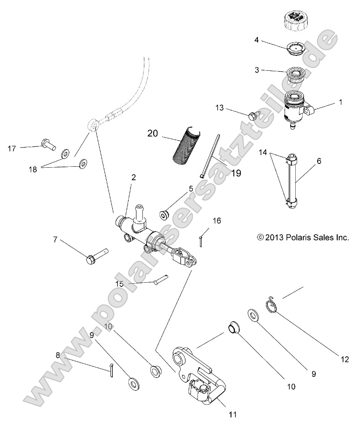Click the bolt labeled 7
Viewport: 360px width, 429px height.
tap(97, 255)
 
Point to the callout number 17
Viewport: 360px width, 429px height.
tap(12, 149)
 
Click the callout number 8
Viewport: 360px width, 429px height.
tap(58, 355)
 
